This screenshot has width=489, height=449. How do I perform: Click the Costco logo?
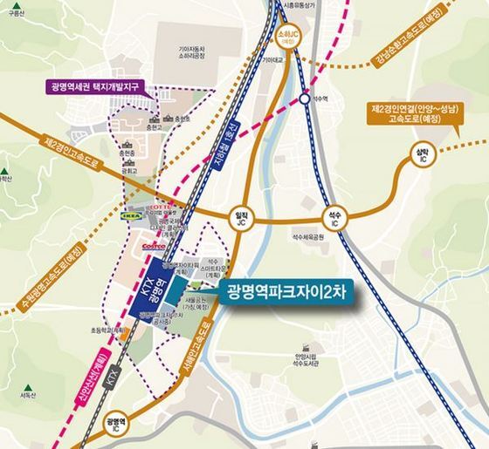[154, 247]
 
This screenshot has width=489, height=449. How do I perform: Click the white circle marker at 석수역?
[303, 99]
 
